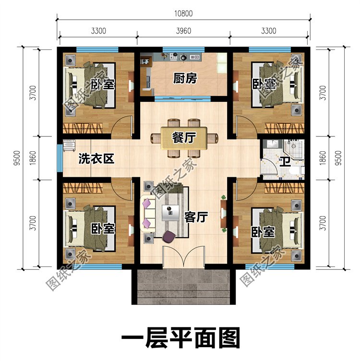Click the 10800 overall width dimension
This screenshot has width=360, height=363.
click(x=183, y=13)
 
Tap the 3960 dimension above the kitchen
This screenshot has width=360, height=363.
click(x=183, y=31)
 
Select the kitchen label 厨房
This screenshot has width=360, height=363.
click(x=185, y=78)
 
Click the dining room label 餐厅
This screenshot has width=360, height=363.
click(x=184, y=138)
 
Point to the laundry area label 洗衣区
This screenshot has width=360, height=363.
click(x=96, y=159)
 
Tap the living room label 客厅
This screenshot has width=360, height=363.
click(x=196, y=217)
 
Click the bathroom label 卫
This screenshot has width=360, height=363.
click(x=285, y=162)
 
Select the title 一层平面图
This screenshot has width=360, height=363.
click(x=180, y=338)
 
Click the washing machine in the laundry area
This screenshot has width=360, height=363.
click(x=69, y=145)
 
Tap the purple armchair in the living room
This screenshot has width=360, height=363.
click(x=169, y=236)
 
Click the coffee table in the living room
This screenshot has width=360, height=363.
click(x=170, y=213)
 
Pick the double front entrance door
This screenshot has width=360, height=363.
click(x=183, y=256)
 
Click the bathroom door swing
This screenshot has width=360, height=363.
click(x=269, y=167)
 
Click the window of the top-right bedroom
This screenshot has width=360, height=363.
click(x=270, y=49)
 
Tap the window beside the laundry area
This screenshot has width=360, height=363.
click(x=60, y=158)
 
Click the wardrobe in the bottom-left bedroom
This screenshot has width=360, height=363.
click(x=83, y=188)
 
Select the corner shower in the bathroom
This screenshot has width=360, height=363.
click(x=293, y=149)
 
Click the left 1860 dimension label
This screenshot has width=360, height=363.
click(x=33, y=158)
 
